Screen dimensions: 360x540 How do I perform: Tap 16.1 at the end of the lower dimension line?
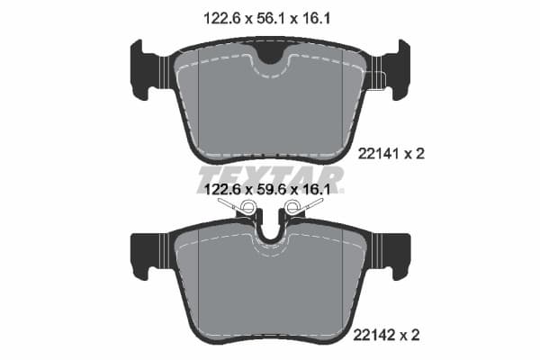(319, 191)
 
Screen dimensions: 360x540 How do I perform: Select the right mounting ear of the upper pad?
(394, 69)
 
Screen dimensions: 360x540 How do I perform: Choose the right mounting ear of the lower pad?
(394, 255)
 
